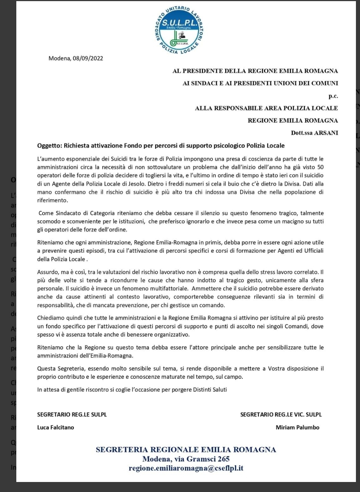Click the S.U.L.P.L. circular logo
[179, 30]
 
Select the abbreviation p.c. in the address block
[333, 96]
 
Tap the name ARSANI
[326, 133]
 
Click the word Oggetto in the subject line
[49, 146]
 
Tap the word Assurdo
[47, 272]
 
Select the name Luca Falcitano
[56, 427]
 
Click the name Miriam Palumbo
[297, 427]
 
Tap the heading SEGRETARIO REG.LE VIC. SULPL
[281, 414]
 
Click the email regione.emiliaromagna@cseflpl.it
[186, 468]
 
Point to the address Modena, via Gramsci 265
[186, 459]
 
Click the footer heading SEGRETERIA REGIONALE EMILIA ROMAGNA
[186, 450]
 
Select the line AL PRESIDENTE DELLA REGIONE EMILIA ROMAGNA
[255, 71]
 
